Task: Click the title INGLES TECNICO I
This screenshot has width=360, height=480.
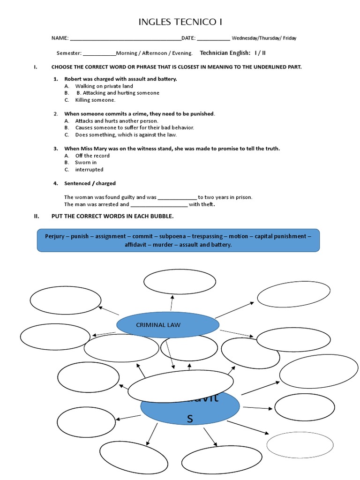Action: click(180, 22)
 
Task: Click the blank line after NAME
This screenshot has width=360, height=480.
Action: click(125, 38)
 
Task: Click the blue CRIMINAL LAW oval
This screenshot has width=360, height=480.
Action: click(167, 325)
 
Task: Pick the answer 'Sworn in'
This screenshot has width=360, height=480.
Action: click(86, 163)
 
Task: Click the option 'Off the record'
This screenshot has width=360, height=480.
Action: click(92, 156)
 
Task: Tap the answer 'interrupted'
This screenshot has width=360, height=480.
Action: click(89, 170)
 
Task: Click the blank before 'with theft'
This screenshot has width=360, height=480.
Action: click(159, 204)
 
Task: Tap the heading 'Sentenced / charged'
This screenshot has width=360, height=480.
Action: click(90, 183)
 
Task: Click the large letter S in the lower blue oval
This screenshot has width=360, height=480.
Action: click(190, 419)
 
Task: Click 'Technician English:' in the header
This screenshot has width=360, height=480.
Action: click(225, 53)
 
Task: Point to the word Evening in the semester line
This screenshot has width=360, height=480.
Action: click(183, 53)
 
